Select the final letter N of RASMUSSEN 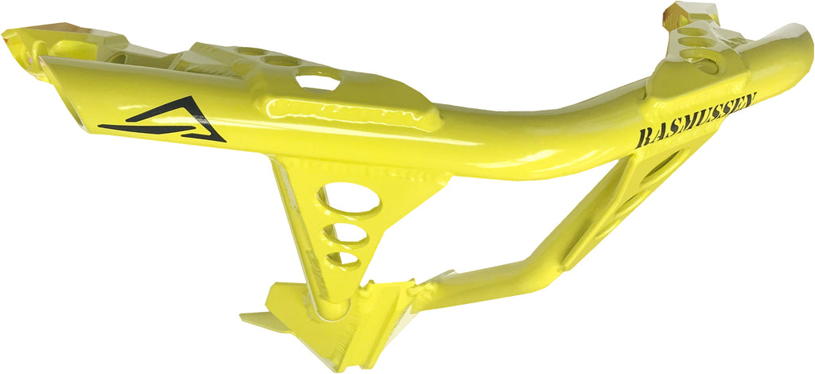tap(749, 100)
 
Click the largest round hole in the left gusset tap(351, 198)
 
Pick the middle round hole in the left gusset tap(350, 234)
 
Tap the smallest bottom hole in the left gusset tap(343, 259)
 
